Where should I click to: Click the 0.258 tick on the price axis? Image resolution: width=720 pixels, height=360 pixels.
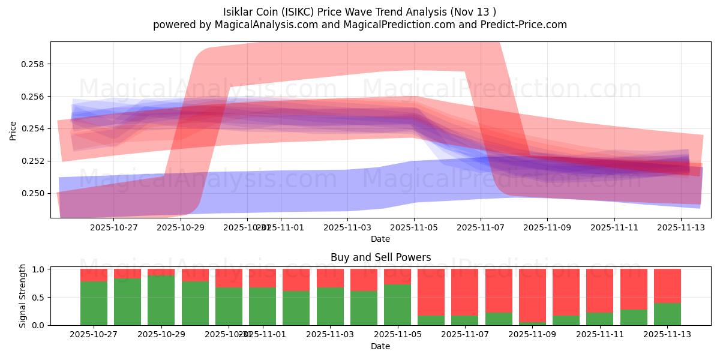tap(34, 64)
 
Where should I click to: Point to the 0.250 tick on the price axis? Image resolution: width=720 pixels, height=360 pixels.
tap(34, 193)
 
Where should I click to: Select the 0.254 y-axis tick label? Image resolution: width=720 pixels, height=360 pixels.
tap(34, 128)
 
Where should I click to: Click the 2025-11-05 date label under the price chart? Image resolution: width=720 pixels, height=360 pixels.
tap(415, 228)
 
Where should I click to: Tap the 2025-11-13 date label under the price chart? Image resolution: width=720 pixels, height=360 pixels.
tap(681, 228)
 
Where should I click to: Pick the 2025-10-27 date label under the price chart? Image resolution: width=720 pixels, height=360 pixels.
tap(114, 228)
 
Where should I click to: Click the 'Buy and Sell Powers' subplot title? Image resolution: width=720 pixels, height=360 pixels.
tap(380, 257)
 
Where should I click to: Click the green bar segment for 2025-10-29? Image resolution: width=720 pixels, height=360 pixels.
tap(161, 300)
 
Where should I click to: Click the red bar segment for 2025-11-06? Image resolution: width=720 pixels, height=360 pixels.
tap(431, 292)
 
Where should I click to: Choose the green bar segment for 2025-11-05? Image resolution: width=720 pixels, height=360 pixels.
tap(397, 305)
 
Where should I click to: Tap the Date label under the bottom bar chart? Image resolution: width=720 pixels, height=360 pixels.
tap(380, 346)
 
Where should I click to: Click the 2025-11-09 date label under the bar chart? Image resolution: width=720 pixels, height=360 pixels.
tap(532, 334)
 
